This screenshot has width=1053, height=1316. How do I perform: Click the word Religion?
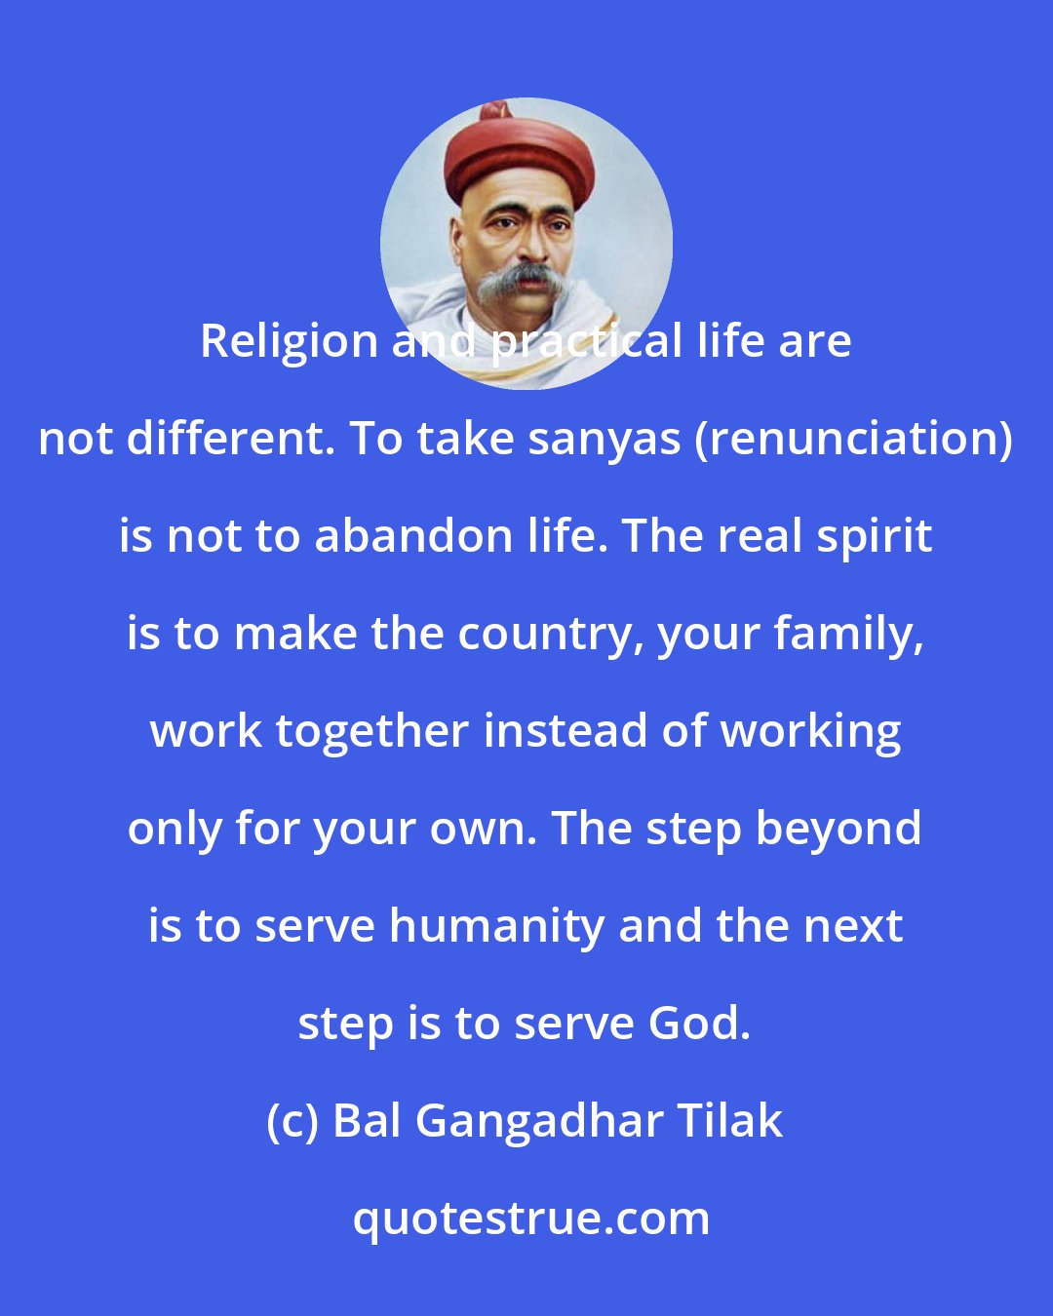coord(290,342)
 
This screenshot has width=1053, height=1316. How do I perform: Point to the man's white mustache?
coord(527,281)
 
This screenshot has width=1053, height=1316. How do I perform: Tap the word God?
coord(698,1025)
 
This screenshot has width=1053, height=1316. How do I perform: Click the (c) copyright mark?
coord(292,1122)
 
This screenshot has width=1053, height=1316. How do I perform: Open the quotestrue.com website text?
coord(530,1219)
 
